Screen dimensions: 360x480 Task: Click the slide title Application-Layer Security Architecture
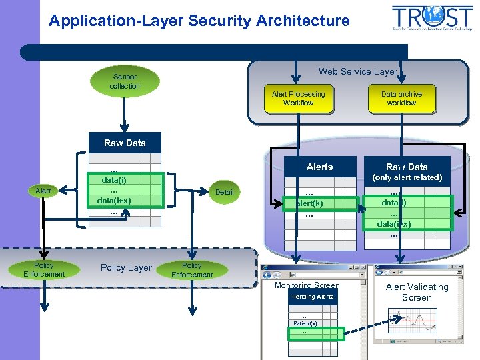199,21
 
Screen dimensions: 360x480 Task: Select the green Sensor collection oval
125,81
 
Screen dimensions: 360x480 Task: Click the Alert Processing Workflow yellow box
298,99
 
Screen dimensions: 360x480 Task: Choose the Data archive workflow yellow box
401,99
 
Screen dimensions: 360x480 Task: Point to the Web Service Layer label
357,71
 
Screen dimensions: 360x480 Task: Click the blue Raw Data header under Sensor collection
125,143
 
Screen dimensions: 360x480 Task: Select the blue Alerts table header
319,167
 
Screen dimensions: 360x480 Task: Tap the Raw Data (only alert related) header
407,171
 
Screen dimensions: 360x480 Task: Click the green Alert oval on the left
43,191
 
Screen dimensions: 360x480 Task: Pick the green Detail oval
224,192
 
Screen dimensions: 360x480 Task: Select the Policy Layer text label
126,267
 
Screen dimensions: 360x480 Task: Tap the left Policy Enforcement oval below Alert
44,269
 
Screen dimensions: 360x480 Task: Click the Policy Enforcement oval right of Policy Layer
192,269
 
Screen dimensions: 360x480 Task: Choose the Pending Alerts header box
313,297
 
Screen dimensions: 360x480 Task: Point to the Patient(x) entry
305,323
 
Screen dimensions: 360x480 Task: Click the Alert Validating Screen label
417,292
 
